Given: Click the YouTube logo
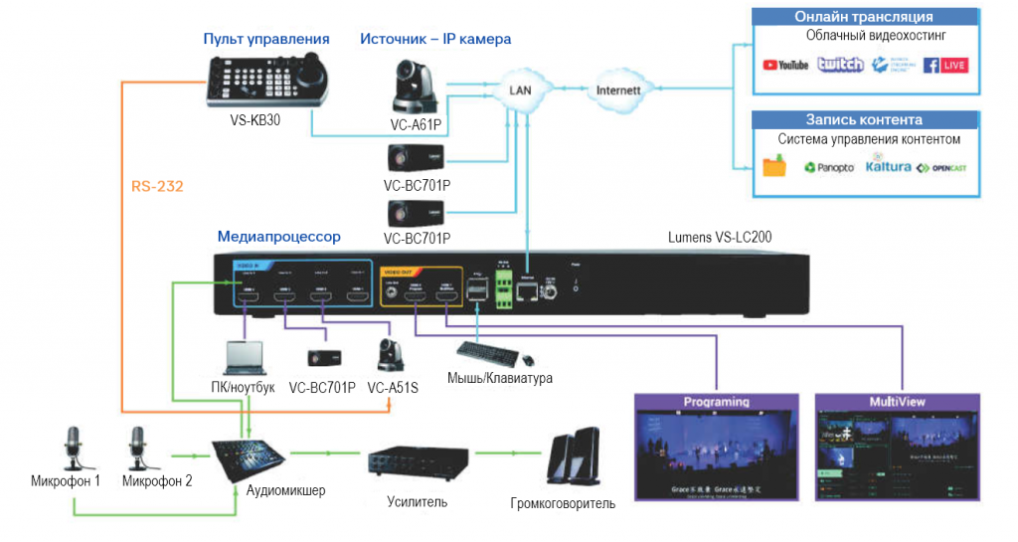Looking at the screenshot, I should (x=785, y=66).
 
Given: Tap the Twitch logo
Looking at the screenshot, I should (x=840, y=65).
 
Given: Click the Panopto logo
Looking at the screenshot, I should (x=828, y=168).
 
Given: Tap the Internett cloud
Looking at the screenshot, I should (x=618, y=90).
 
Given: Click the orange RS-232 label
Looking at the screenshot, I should (x=157, y=186).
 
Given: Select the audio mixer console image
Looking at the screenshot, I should (x=250, y=458).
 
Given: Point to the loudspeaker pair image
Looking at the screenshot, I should (x=574, y=457).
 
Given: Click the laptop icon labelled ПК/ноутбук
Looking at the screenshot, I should (x=244, y=358).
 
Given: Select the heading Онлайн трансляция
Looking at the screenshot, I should (x=863, y=17).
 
